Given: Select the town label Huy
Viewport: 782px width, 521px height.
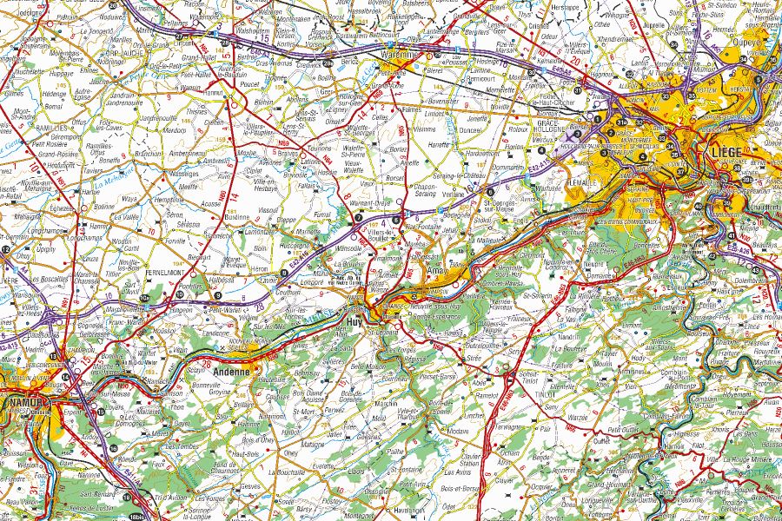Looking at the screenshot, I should [355, 320].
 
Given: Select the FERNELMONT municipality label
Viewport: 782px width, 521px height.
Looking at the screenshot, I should [169, 273].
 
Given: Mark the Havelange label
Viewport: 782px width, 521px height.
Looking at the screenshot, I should [406, 511].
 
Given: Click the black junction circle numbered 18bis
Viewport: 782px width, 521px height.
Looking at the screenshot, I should [136, 517].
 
